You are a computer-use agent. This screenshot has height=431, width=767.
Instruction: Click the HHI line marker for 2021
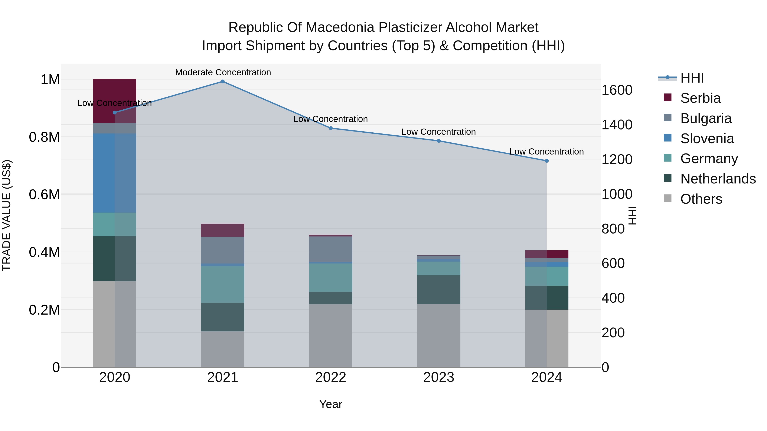click(222, 82)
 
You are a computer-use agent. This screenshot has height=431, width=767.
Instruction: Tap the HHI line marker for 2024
click(547, 161)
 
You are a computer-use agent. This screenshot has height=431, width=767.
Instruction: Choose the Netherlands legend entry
click(718, 179)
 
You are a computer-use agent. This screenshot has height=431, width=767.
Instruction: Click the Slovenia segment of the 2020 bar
click(115, 173)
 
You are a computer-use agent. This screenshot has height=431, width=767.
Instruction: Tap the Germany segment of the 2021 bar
click(222, 284)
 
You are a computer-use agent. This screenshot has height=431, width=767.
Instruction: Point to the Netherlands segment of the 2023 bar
click(439, 289)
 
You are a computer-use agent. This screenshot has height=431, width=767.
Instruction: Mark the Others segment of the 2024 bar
click(547, 338)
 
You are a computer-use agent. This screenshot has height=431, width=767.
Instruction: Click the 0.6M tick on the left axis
click(44, 195)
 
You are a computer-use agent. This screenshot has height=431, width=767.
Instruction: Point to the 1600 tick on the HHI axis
click(617, 90)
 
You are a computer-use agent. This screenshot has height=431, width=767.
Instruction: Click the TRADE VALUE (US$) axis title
click(7, 215)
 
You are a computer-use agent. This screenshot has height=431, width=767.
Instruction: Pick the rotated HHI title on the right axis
click(632, 215)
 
